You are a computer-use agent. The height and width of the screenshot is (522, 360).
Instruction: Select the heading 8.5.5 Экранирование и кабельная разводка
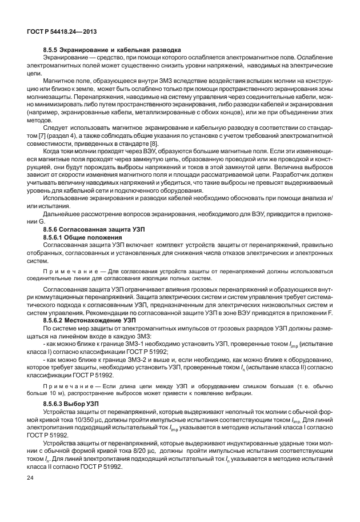click(112, 50)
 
